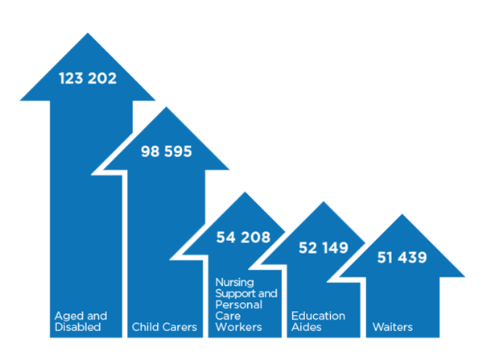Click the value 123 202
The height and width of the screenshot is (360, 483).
coord(88,78)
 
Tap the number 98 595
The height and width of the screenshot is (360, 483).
coord(167,151)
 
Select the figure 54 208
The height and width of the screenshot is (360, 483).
coord(243,238)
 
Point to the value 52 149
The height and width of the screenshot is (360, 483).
coord(324,248)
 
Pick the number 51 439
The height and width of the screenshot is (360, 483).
coord(402,258)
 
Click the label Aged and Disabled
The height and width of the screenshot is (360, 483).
coord(81,321)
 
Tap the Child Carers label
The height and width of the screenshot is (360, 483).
coord(164,327)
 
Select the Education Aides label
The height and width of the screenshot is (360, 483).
coord(318,321)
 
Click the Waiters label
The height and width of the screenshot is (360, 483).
coord(393,327)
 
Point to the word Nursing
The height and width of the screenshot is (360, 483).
coord(235,283)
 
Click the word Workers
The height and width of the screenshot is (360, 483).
coord(239,327)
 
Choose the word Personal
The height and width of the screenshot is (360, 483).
coord(239,304)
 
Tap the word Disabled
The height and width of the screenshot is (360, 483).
coord(77,327)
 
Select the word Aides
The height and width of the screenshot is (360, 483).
coord(307,327)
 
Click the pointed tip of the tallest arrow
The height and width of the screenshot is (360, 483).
coord(88,33)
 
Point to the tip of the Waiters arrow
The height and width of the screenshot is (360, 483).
coord(402,214)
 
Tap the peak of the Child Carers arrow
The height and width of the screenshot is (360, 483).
coord(167,107)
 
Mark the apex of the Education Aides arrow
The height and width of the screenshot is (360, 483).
coord(324,201)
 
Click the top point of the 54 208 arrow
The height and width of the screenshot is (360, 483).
coord(245,192)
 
